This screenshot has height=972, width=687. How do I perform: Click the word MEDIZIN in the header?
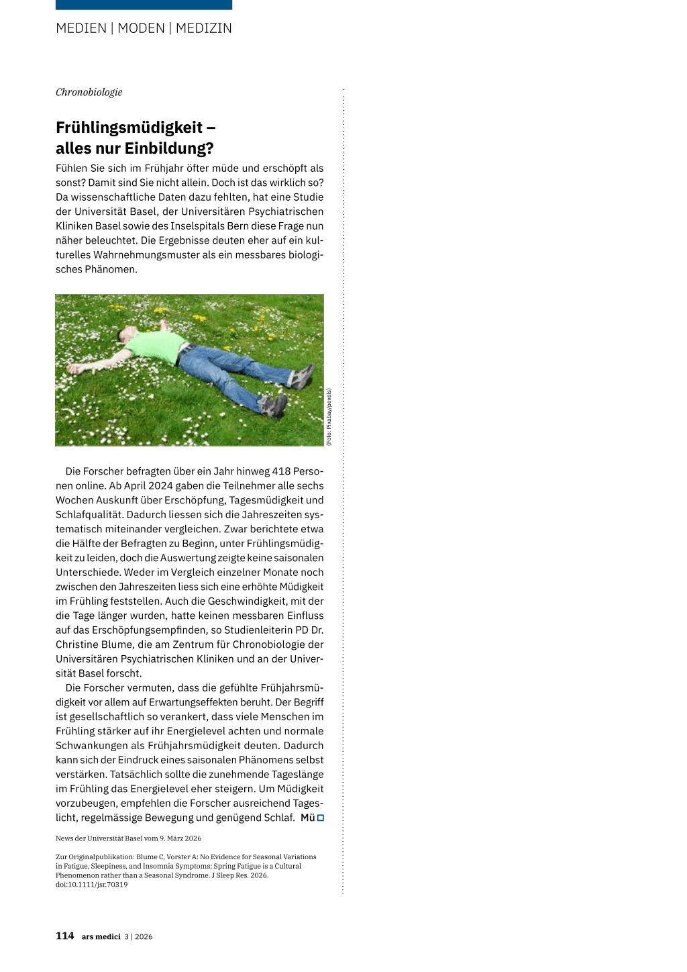tap(203, 28)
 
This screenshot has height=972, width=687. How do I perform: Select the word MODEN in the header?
tap(141, 28)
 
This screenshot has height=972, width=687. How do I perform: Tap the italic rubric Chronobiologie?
tap(89, 93)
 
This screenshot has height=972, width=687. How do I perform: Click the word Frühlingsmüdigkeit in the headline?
tap(129, 128)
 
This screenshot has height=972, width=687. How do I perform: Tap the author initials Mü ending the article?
tap(307, 818)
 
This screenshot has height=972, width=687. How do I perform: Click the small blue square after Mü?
tap(321, 818)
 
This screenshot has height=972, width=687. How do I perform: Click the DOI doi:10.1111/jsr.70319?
tap(91, 885)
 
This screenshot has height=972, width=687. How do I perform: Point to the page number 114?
tap(64, 936)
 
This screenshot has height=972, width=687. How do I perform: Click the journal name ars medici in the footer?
tap(101, 936)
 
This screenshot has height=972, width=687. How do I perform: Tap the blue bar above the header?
tap(144, 5)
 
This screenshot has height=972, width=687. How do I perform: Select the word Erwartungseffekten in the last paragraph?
tap(227, 702)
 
